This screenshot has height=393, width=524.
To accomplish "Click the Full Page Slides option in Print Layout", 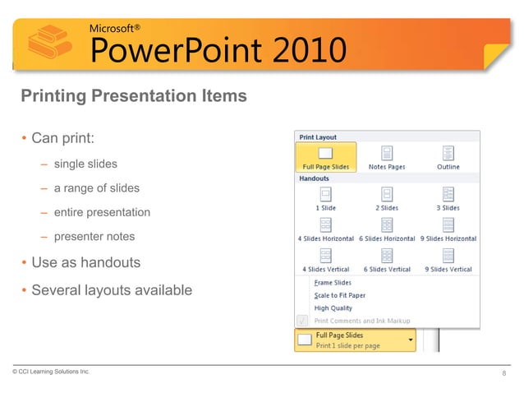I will point(326,156).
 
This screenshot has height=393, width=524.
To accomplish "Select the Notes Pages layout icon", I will point(387,156).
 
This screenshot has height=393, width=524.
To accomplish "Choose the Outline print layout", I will point(448,156).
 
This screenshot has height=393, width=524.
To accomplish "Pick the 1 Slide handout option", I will point(326,197).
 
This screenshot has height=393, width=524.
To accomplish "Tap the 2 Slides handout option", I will point(387,197).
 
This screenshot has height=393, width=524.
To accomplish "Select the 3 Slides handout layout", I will point(448,197).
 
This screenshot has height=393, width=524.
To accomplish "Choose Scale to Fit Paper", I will point(339,295).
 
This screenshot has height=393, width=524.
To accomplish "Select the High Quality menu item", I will point(333,308).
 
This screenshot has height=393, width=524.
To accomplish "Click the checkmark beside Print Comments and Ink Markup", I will point(302,321).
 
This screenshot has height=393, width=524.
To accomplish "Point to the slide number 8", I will point(503,375).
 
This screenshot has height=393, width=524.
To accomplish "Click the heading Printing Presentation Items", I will point(133,96).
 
